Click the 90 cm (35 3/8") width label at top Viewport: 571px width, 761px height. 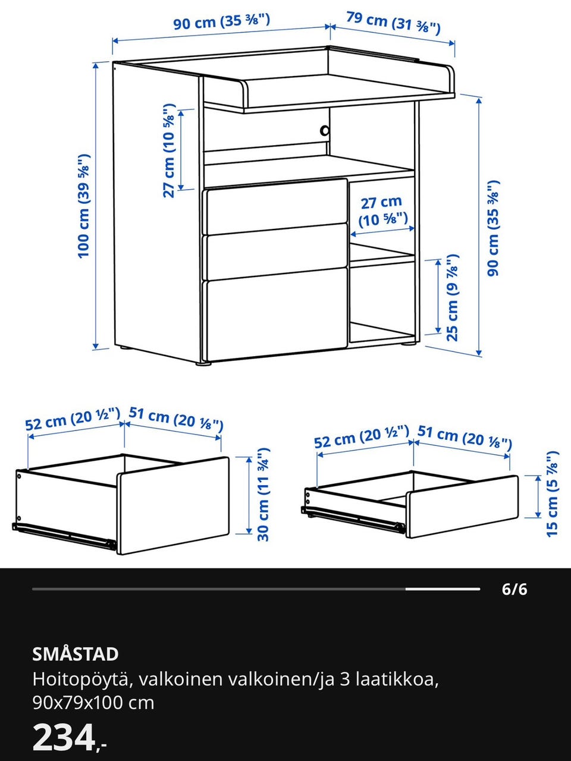tap(221, 22)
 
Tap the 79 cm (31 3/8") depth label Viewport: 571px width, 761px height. tap(393, 23)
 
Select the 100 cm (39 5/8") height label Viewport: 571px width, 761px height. tap(84, 206)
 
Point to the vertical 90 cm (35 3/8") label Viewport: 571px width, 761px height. tap(492, 228)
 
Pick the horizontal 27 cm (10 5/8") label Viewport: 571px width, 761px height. tap(382, 212)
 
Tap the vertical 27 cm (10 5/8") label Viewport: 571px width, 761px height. tap(169, 150)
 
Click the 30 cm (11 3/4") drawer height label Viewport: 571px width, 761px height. tap(263, 495)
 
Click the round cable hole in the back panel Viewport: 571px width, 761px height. tap(325, 131)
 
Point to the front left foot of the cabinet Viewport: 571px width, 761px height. tap(205, 363)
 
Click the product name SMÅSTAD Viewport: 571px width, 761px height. tap(76, 654)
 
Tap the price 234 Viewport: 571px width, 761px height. tap(64, 741)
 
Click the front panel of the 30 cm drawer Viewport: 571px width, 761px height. tap(173, 505)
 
